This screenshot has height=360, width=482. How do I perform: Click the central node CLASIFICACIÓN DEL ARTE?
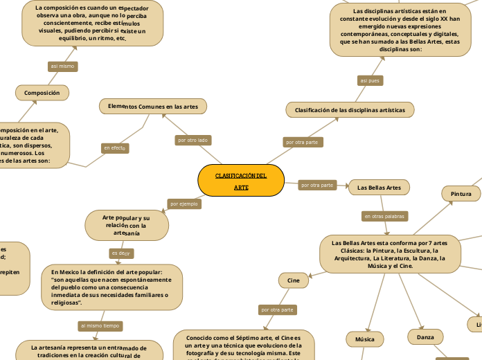[x=241, y=181]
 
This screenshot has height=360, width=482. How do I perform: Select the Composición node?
[x=42, y=93]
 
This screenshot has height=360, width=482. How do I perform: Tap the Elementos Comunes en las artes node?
[x=153, y=107]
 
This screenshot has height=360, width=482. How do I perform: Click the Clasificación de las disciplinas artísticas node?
[x=350, y=110]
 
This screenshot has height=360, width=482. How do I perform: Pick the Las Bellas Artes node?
[x=379, y=188]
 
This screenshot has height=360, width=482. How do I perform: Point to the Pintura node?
[x=461, y=194]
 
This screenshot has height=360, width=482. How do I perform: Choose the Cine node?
[x=294, y=280]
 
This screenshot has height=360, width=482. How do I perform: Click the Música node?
[x=365, y=339]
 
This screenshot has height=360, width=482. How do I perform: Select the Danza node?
[x=420, y=337]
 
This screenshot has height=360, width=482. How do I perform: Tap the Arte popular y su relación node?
[x=126, y=225]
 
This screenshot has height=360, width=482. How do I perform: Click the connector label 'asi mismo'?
[x=62, y=66]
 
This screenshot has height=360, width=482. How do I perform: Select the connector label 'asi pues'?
[x=371, y=81]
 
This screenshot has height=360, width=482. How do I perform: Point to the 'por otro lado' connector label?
[x=193, y=140]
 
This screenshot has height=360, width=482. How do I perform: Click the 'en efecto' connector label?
[x=114, y=148]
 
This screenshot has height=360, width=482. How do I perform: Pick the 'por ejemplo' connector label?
[x=184, y=204]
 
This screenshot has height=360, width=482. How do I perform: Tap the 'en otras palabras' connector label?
[x=384, y=217]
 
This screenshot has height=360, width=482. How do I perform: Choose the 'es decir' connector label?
[x=120, y=253]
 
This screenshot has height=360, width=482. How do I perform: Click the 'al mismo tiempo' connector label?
[x=100, y=325]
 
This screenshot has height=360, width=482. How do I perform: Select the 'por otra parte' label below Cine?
[x=277, y=309]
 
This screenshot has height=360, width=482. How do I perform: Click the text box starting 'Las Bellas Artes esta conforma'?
[x=389, y=254]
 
